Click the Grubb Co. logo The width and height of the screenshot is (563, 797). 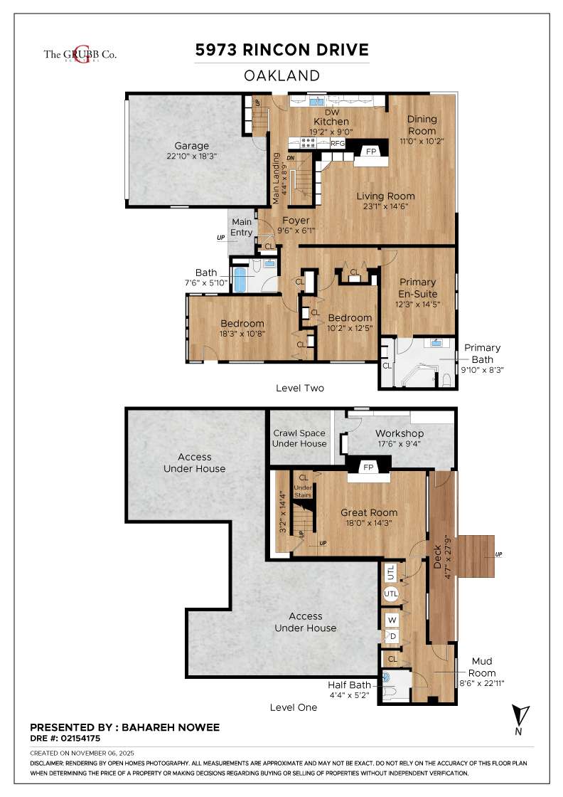(x=80, y=55)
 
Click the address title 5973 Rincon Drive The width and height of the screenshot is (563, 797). (x=282, y=50)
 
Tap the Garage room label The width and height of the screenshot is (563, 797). (x=192, y=146)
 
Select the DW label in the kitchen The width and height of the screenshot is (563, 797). (x=331, y=112)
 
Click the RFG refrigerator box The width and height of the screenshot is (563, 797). (x=338, y=144)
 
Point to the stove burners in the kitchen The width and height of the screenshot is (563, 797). (x=309, y=143)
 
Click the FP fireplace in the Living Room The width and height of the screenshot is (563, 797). (x=370, y=152)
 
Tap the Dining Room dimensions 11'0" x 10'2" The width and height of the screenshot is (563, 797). (x=422, y=141)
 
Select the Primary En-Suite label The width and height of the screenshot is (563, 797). (x=418, y=287)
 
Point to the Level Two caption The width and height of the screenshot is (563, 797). (x=300, y=389)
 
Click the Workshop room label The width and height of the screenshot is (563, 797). (x=400, y=433)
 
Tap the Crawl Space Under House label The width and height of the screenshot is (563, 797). (x=300, y=438)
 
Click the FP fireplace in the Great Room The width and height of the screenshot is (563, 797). (x=368, y=468)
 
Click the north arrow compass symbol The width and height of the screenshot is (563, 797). (x=520, y=715)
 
